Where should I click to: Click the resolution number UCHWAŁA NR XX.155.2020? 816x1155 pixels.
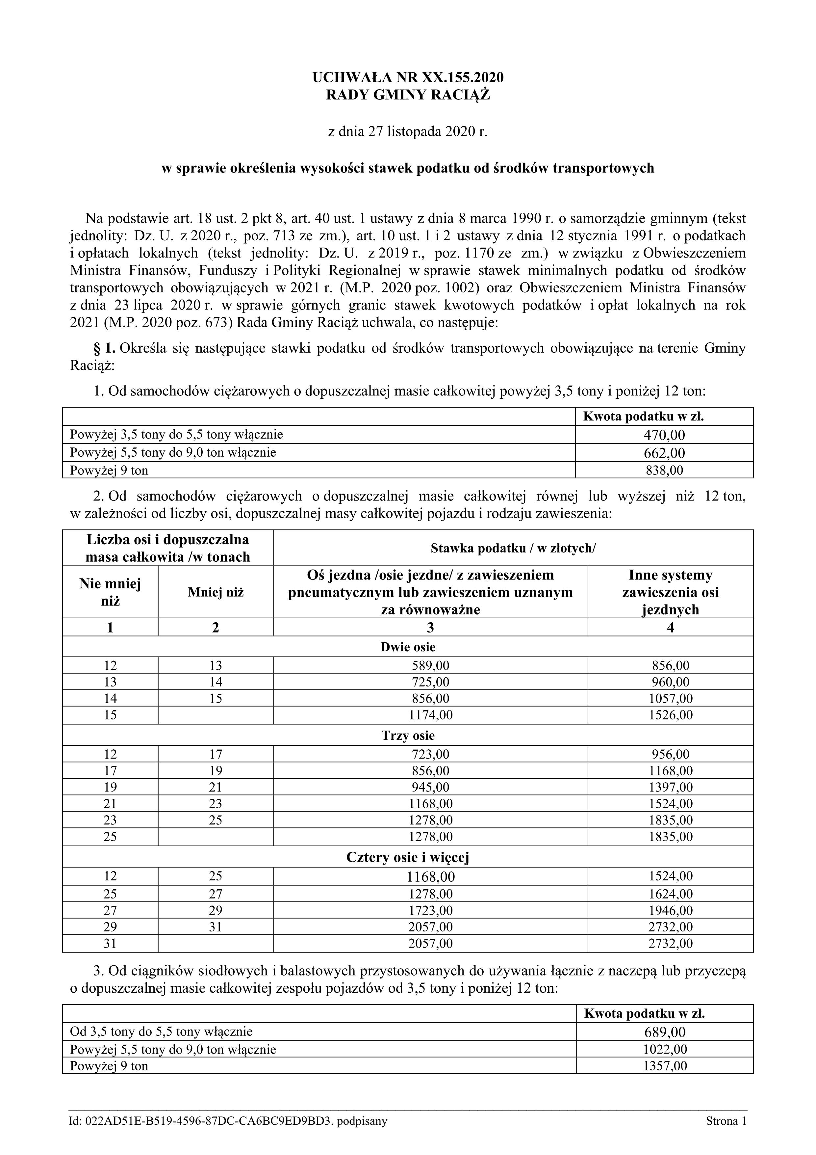coord(408,77)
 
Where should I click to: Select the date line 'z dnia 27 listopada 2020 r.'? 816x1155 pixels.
coord(408,132)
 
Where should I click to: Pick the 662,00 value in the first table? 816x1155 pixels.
coord(664,453)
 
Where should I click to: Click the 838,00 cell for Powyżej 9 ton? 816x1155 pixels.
coord(664,470)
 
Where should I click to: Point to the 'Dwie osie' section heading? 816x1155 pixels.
coord(408,647)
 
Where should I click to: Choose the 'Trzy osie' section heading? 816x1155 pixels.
coord(408,736)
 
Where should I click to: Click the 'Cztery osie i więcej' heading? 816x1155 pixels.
coord(408,857)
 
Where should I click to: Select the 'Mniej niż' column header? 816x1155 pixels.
coord(216,592)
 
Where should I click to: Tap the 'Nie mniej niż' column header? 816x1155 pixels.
coord(110,592)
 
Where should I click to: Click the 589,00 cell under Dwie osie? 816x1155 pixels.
coord(430,665)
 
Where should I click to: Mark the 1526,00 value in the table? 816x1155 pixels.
coord(670,715)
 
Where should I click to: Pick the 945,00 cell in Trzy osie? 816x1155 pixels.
coord(430,787)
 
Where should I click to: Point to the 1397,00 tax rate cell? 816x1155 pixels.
coord(670,787)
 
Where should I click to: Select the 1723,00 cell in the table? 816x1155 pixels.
coord(430,910)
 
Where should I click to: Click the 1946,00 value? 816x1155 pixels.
coord(670,910)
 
